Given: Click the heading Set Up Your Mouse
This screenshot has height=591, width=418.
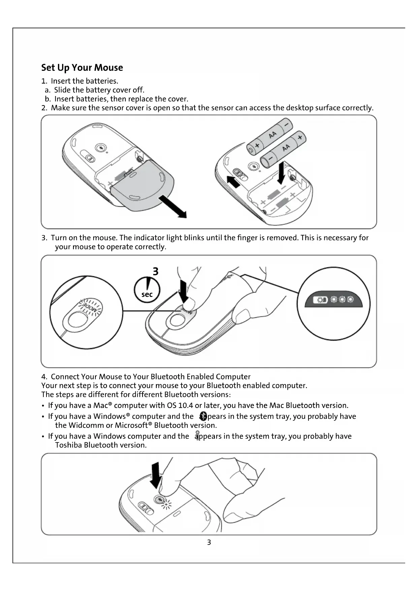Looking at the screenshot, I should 82,68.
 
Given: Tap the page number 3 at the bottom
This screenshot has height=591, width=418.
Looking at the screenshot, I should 209,542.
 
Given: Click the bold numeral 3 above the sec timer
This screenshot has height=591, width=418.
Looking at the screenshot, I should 155,272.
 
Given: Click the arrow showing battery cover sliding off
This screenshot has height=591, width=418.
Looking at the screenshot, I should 172,206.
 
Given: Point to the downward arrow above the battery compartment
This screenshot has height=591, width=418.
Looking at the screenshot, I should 281,173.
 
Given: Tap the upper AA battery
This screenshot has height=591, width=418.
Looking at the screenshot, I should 269,136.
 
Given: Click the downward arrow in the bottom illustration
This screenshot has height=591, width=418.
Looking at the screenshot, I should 156,475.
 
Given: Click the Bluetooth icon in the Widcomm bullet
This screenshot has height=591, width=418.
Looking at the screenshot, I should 203,416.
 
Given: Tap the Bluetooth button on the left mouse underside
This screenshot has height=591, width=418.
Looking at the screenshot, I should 100,148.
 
